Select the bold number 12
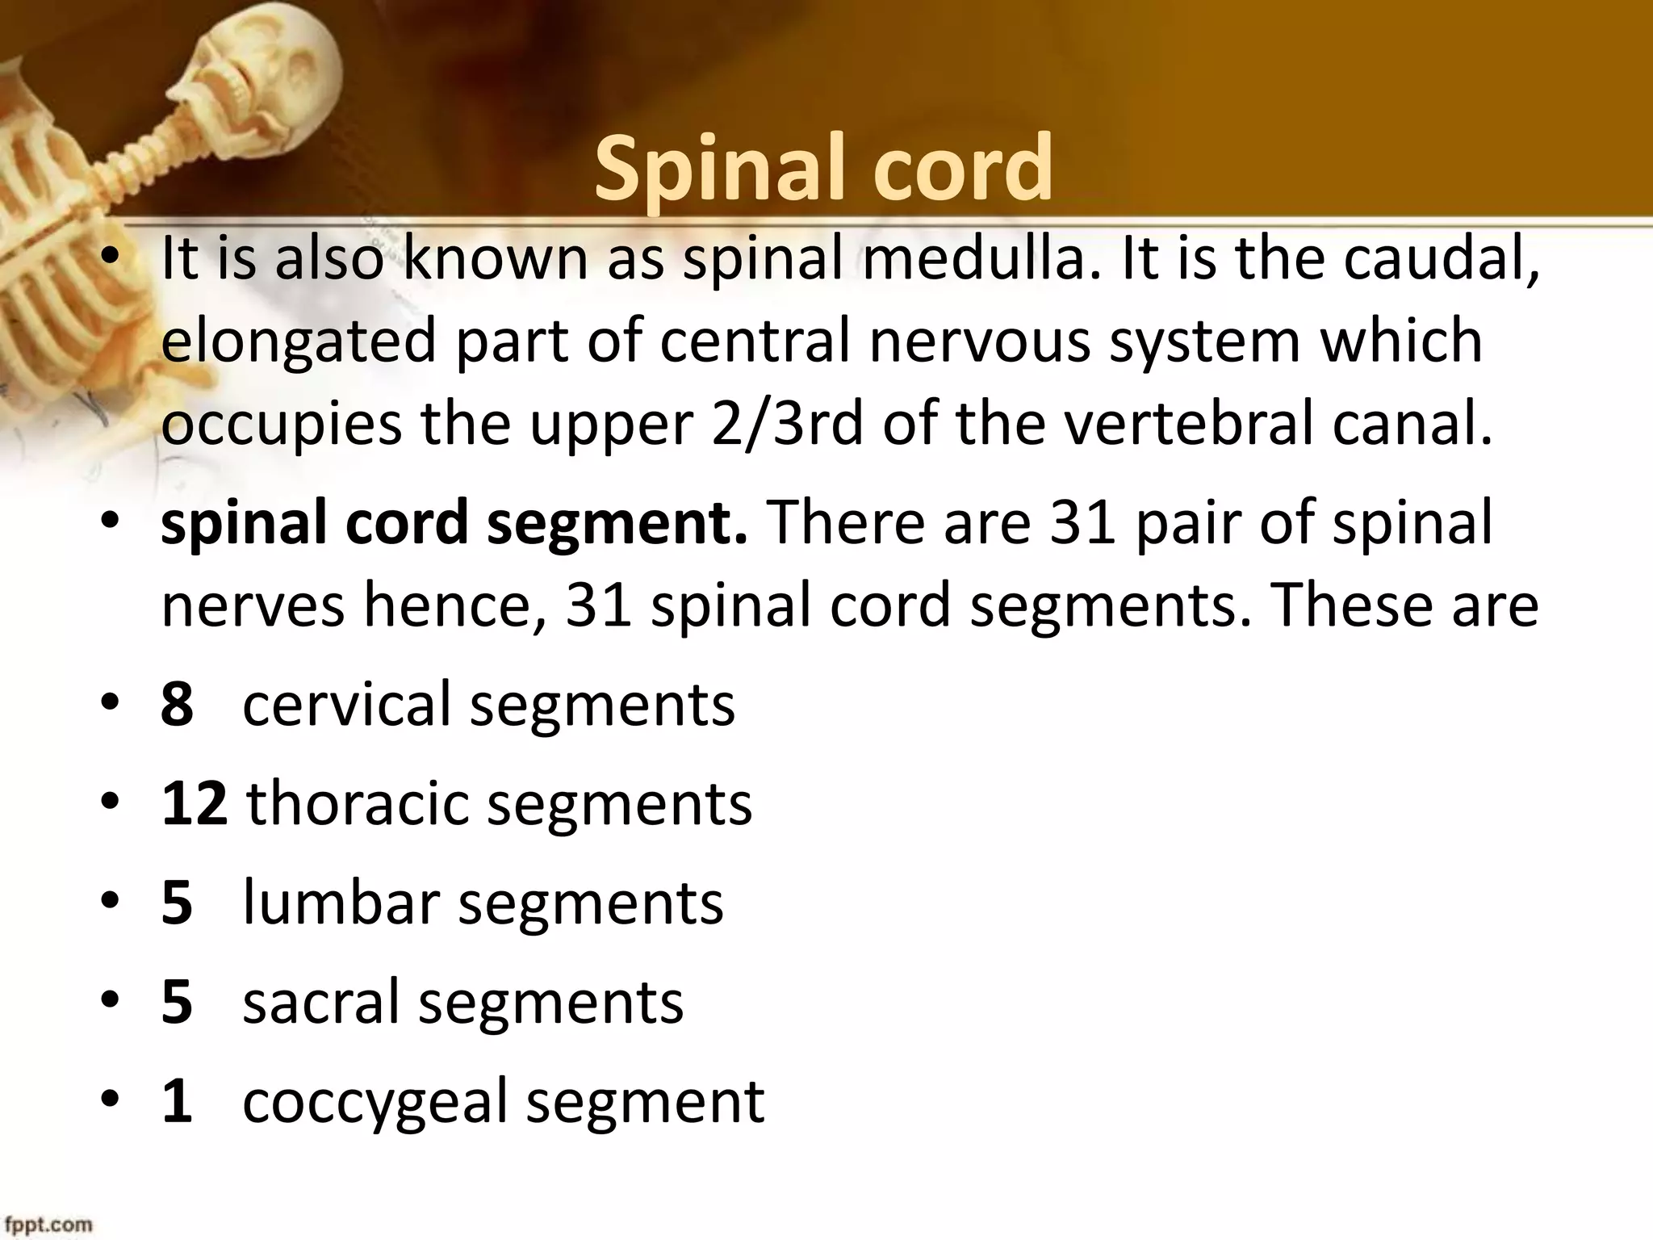click(x=194, y=803)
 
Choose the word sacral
click(x=321, y=1002)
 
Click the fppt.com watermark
click(x=46, y=1224)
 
